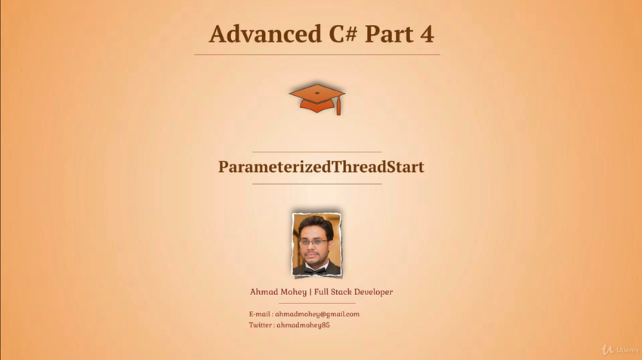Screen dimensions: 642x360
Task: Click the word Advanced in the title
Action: (265, 33)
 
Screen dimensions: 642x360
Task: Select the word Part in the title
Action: (389, 35)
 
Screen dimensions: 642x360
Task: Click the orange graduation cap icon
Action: (317, 99)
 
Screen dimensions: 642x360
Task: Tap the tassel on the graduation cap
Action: (338, 106)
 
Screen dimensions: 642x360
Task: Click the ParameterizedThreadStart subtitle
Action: (321, 167)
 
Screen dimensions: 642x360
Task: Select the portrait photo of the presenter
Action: (316, 245)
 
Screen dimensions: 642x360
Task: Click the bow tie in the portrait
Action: (316, 270)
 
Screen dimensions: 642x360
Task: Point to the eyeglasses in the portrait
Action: (313, 242)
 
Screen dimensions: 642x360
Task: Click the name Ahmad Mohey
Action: (278, 292)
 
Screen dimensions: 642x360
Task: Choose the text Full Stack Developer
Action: (353, 292)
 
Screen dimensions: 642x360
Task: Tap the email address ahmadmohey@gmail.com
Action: (317, 314)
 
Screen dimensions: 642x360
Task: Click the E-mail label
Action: (260, 314)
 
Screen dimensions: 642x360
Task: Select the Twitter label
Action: (261, 325)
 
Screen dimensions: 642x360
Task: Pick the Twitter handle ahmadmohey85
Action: (303, 325)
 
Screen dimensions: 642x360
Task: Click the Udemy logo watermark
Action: (620, 349)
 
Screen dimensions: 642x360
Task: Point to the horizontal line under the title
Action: (317, 54)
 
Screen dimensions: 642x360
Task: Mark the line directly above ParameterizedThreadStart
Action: (317, 152)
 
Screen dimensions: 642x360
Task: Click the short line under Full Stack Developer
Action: (317, 303)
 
